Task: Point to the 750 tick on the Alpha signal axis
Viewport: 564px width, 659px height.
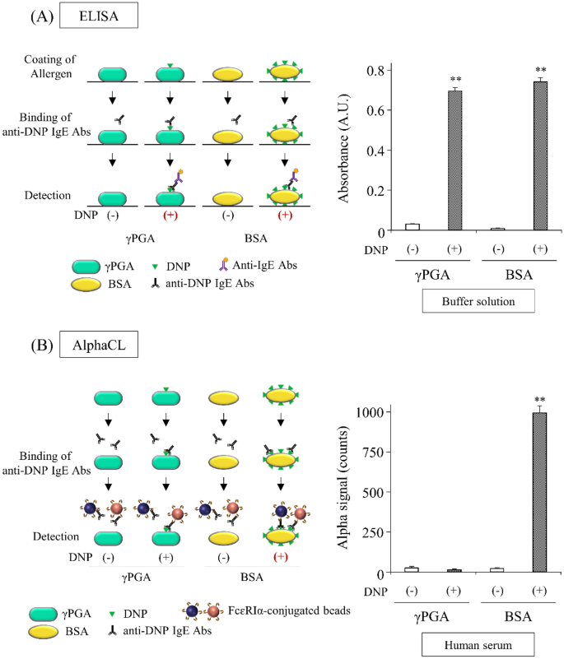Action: (388, 452)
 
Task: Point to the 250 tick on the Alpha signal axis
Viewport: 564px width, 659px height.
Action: (388, 532)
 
